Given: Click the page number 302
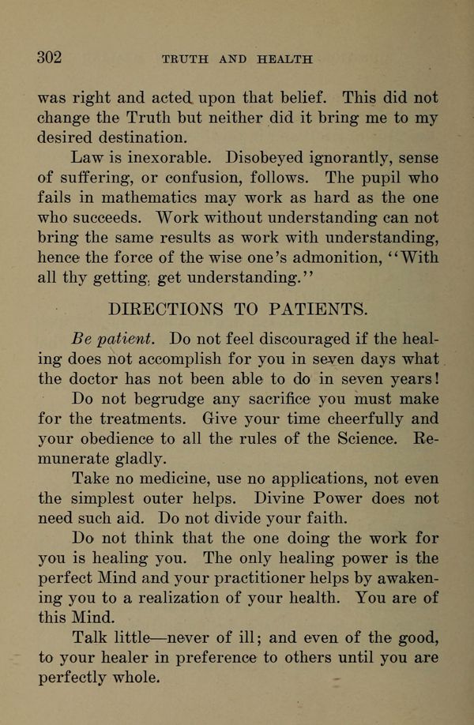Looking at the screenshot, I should coord(50,58).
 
